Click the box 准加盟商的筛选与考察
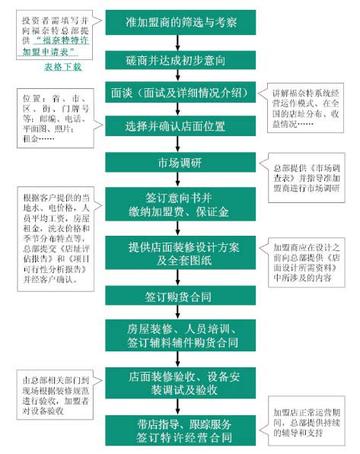(x=181, y=21)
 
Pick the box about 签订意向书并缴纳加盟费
(x=181, y=200)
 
